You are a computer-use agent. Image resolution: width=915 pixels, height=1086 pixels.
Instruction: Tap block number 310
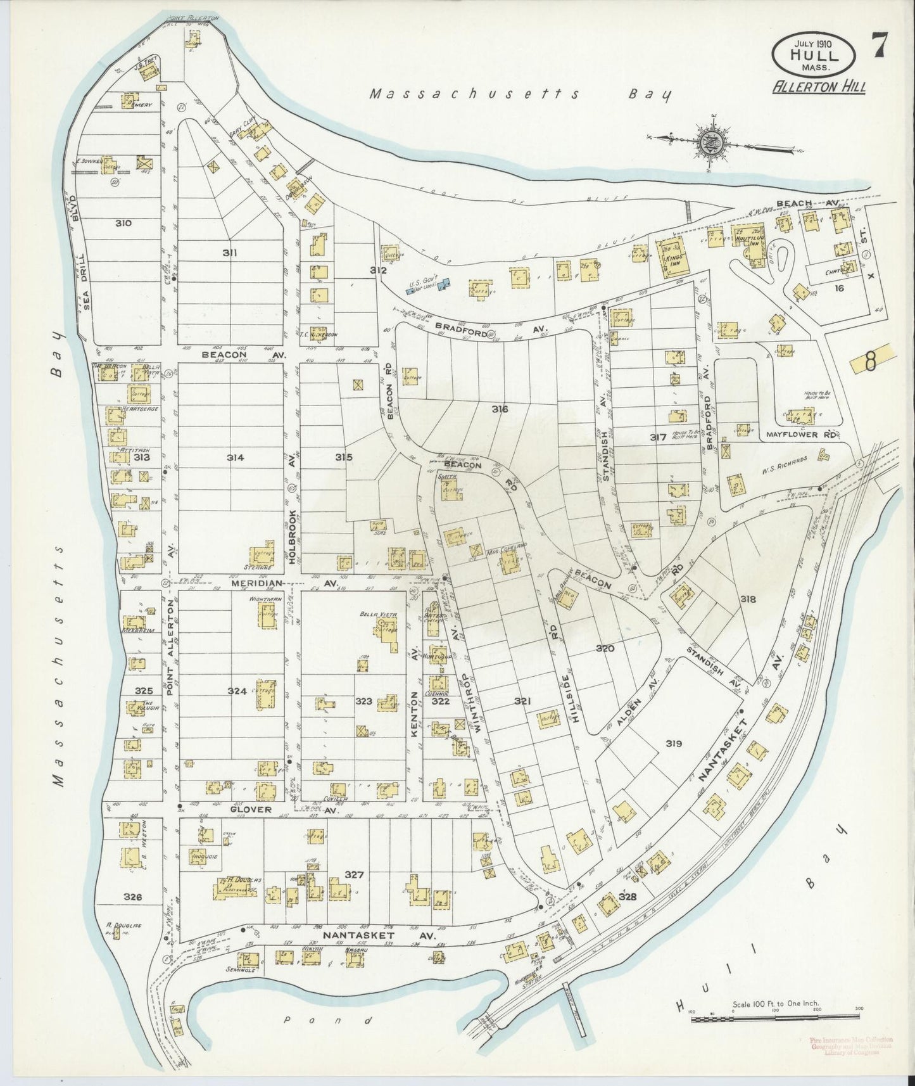point(123,223)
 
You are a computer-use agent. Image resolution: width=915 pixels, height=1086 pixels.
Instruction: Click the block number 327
point(354,874)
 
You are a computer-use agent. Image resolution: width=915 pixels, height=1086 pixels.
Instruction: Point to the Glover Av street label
point(250,809)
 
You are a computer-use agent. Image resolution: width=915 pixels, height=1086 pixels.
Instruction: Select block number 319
point(674,743)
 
